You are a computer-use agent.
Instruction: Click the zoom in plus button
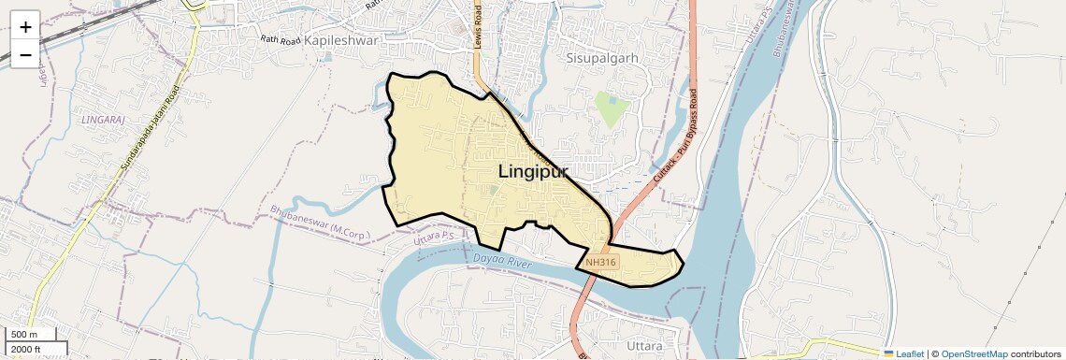[25, 27]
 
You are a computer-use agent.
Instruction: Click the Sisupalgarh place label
[601, 58]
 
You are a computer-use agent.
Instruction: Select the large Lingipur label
[533, 172]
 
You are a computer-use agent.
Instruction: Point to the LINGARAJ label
[103, 121]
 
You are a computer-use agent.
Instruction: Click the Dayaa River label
[503, 260]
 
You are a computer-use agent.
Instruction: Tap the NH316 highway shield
[600, 263]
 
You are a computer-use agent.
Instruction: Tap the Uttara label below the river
[645, 345]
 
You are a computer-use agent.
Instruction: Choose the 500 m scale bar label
[24, 335]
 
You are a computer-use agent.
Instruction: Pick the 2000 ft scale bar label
[25, 350]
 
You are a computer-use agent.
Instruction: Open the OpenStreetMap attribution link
[973, 354]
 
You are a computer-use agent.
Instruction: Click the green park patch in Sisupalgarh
[612, 109]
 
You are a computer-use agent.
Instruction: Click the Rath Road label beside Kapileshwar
[281, 41]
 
